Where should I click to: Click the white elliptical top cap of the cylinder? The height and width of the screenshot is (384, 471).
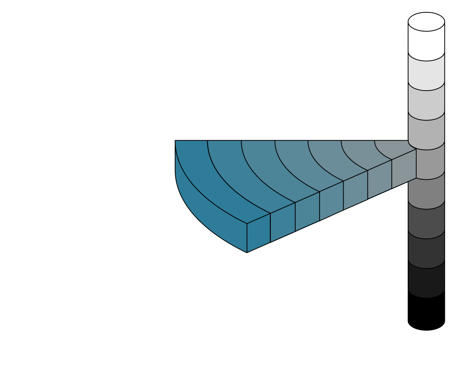[x=426, y=22]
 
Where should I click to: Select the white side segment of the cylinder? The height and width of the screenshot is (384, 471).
[x=426, y=42]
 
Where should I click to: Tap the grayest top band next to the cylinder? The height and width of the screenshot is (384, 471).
[x=395, y=148]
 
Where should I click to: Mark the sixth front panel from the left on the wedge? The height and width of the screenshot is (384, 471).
[x=380, y=179]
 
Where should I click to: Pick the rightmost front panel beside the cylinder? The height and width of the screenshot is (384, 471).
[x=404, y=169]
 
